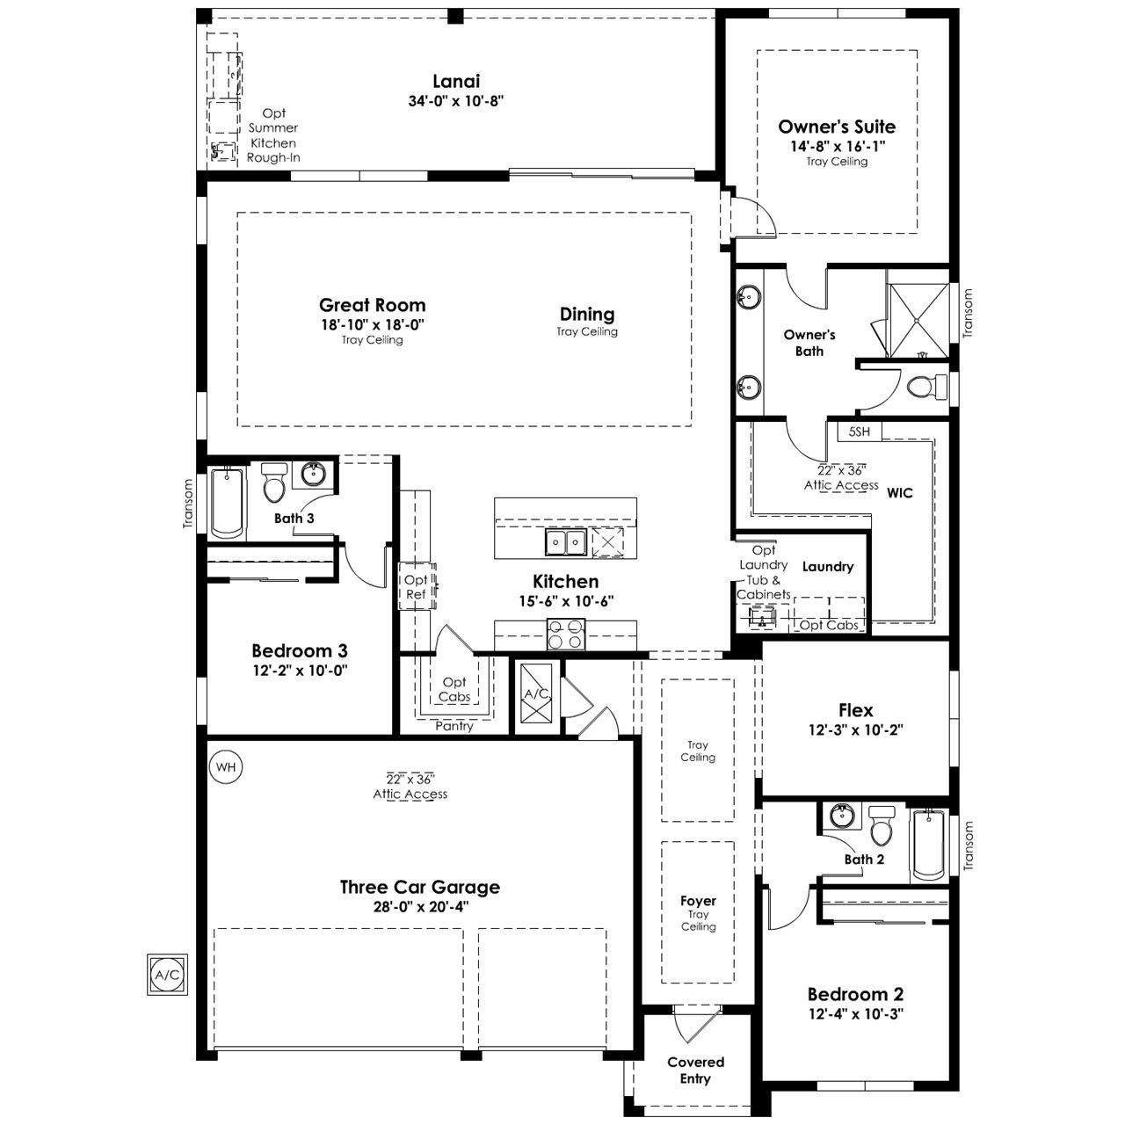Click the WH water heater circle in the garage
pos(225,766)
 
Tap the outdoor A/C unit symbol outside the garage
pos(167,975)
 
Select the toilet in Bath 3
pos(273,483)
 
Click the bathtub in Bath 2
pos(928,844)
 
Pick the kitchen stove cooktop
pos(566,635)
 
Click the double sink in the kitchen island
pos(566,541)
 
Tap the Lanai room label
pos(456,81)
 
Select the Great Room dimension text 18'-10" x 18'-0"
pos(373,324)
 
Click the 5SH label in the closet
pos(859,432)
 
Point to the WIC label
pos(900,493)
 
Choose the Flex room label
pos(856,710)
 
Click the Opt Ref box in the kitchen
pos(417,586)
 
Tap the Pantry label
pos(454,726)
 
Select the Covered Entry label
pos(695,1071)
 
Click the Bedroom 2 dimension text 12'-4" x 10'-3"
pos(856,1014)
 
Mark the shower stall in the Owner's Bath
pos(918,320)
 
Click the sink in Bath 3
pos(316,474)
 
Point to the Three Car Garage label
pos(420,888)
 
